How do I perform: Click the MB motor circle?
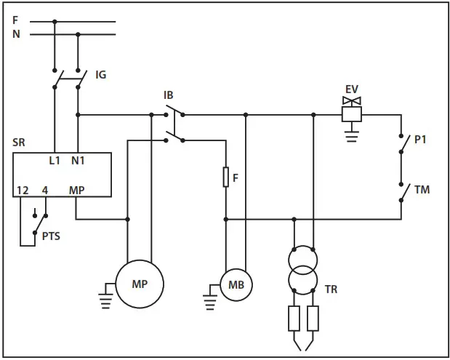coord(236,284)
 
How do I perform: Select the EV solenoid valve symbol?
coord(352,110)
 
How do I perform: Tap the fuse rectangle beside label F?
coord(226,177)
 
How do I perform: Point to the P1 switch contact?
coord(401,144)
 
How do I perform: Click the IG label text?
coord(101,74)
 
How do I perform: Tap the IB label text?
coord(169,95)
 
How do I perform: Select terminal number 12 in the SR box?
coord(23,190)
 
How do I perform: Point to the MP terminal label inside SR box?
coord(76,190)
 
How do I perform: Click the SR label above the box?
coord(19,143)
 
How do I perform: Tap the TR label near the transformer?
coord(331,289)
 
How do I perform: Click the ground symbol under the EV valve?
coord(352,133)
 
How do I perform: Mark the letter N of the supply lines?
coord(16,33)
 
